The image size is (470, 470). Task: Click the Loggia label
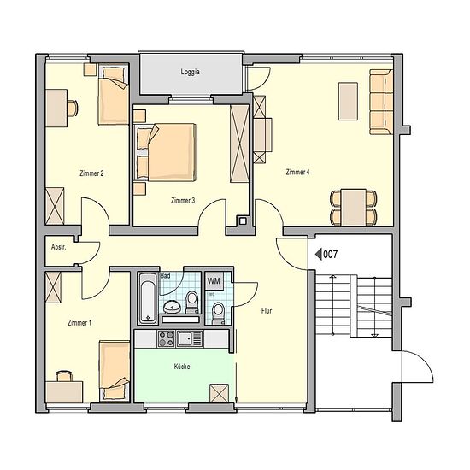pyautogui.click(x=190, y=72)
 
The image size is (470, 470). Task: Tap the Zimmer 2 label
pyautogui.click(x=91, y=173)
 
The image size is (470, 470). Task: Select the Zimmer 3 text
pyautogui.click(x=183, y=200)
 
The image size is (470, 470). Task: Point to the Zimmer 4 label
pyautogui.click(x=297, y=172)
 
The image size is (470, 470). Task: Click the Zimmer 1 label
pyautogui.click(x=79, y=323)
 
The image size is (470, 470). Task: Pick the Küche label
pyautogui.click(x=182, y=367)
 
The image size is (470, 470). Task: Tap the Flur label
pyautogui.click(x=267, y=311)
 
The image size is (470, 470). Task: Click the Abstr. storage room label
pyautogui.click(x=58, y=247)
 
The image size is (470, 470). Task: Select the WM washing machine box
pyautogui.click(x=214, y=281)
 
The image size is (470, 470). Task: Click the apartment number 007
pyautogui.click(x=331, y=255)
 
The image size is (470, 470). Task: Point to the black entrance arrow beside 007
pyautogui.click(x=319, y=255)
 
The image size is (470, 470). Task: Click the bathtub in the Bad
pyautogui.click(x=148, y=298)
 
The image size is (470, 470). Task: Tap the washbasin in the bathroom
pyautogui.click(x=172, y=306)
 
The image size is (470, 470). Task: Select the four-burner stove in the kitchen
pyautogui.click(x=166, y=338)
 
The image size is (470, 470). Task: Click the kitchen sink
pyautogui.click(x=190, y=338)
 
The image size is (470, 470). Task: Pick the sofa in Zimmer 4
pyautogui.click(x=381, y=102)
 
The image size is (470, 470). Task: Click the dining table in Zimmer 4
pyautogui.click(x=354, y=207)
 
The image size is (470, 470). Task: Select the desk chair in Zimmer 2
pyautogui.click(x=73, y=108)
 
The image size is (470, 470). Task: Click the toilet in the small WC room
pyautogui.click(x=218, y=314)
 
